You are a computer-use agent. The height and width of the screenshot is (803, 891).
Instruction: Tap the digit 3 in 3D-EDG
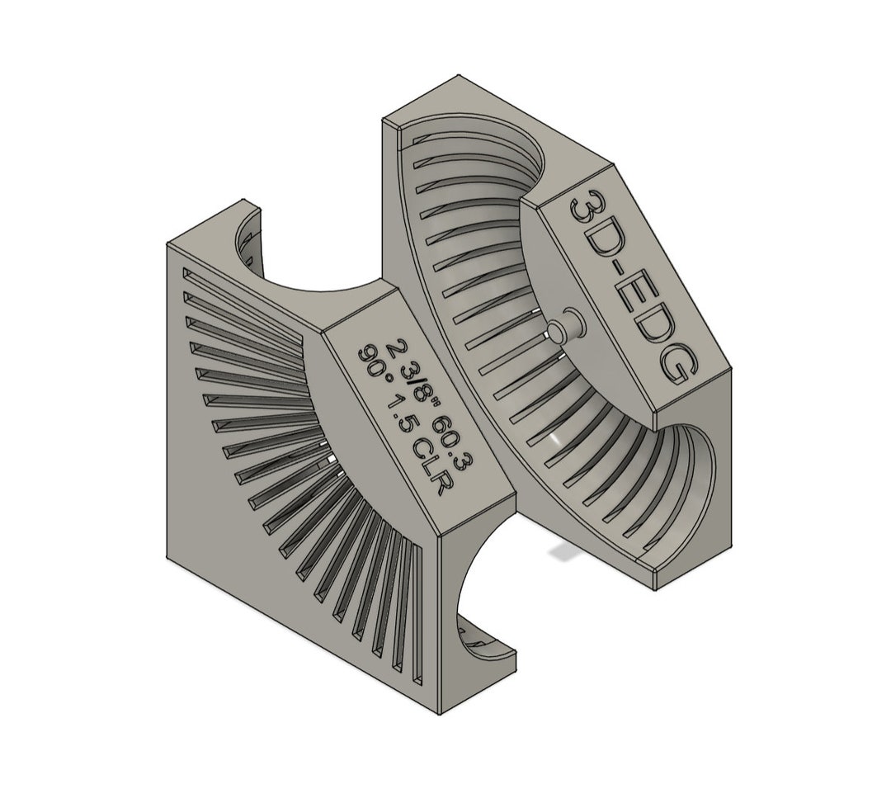587,213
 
